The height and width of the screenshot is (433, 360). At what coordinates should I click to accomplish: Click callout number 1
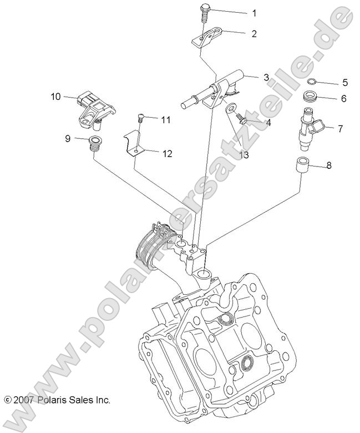[x=255, y=12]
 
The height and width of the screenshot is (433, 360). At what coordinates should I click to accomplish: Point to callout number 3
[x=266, y=77]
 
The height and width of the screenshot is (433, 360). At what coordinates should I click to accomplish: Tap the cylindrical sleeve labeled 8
[x=302, y=166]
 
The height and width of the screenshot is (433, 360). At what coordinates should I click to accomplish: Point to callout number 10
[x=55, y=96]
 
